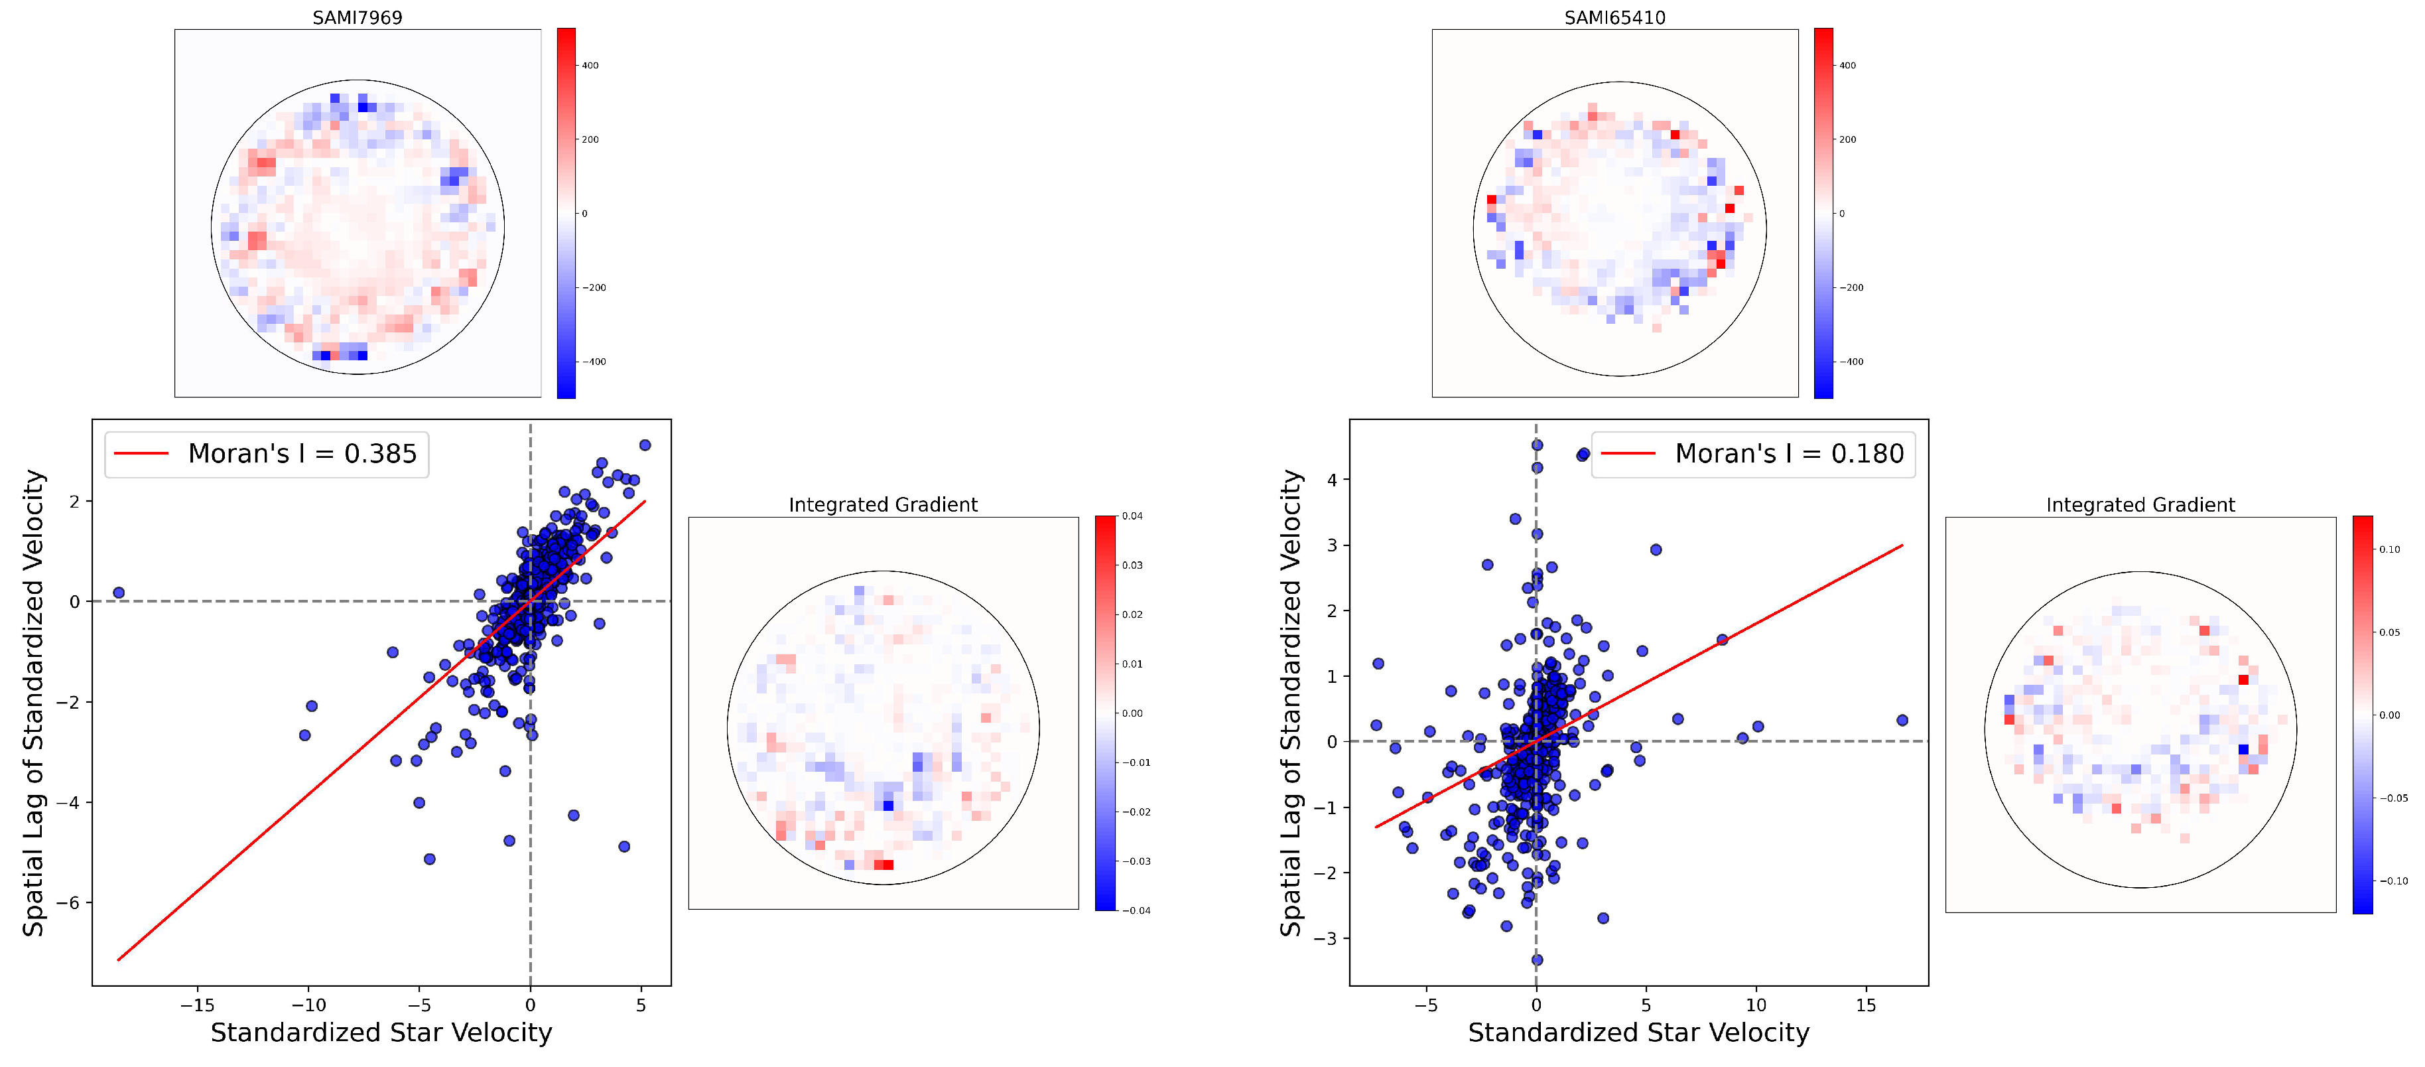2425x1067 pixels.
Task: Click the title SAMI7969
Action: coord(357,17)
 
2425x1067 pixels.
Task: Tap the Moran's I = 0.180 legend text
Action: coord(1789,454)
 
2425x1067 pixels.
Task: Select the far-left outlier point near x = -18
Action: coord(119,593)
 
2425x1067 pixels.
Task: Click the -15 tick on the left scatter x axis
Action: coord(198,1005)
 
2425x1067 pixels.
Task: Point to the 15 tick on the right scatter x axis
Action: coord(1866,1005)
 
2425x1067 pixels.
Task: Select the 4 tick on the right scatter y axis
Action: coord(1332,479)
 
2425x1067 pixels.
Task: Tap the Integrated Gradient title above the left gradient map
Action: coord(882,505)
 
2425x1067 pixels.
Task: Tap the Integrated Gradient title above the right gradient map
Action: coord(2140,505)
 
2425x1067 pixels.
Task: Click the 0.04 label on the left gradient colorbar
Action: coord(1132,516)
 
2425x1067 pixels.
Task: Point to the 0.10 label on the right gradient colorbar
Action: coord(2389,549)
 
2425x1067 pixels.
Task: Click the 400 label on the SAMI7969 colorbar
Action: coord(590,66)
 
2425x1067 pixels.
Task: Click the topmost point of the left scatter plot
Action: coord(645,445)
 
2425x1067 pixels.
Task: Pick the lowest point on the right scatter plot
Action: coord(1538,960)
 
